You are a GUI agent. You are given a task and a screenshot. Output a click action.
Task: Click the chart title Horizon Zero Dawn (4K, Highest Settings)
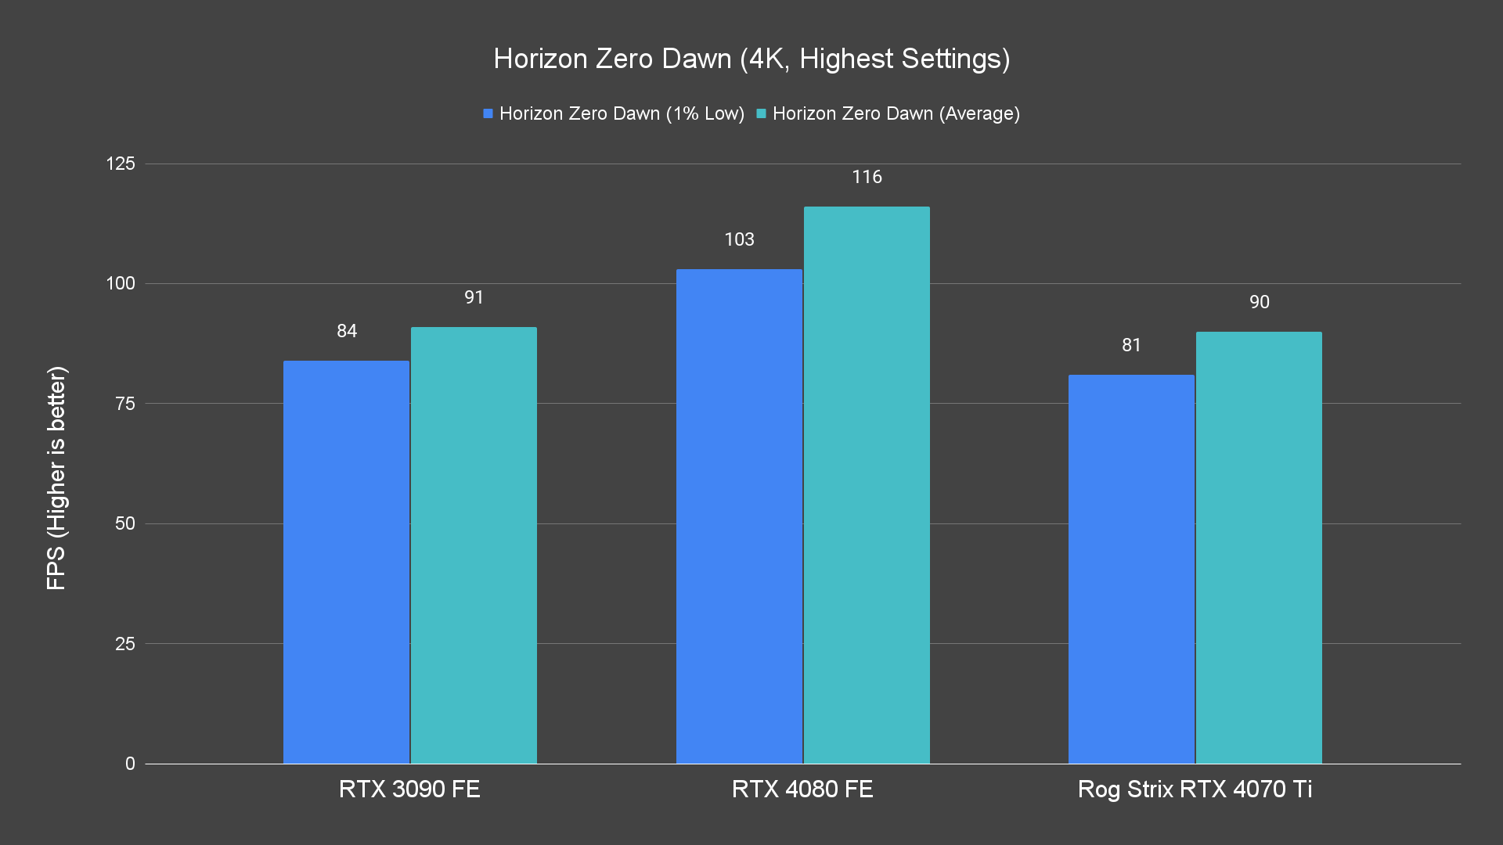pyautogui.click(x=751, y=59)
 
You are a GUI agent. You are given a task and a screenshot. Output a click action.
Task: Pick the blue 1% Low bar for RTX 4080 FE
pyautogui.click(x=739, y=516)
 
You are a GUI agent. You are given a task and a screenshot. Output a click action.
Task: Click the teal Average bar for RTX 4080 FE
pyautogui.click(x=867, y=485)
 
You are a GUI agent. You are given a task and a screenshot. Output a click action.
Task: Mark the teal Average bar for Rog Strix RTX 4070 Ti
pyautogui.click(x=1259, y=548)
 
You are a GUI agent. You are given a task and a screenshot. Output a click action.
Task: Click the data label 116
pyautogui.click(x=867, y=178)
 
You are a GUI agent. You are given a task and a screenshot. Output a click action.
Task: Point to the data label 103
pyautogui.click(x=739, y=240)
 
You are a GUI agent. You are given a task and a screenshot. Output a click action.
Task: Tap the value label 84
pyautogui.click(x=347, y=332)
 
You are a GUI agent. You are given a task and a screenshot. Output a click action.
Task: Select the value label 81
pyautogui.click(x=1131, y=346)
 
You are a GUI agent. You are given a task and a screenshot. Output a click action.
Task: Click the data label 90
pyautogui.click(x=1259, y=303)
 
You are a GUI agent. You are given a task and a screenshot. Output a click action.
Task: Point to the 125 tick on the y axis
pyautogui.click(x=121, y=164)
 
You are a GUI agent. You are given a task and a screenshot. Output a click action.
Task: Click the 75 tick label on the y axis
pyautogui.click(x=125, y=404)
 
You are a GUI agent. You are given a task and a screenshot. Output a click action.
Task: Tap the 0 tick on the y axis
pyautogui.click(x=130, y=764)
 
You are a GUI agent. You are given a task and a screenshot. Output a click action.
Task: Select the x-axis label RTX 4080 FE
pyautogui.click(x=802, y=789)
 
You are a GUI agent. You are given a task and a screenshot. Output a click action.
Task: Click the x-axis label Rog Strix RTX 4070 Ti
pyautogui.click(x=1195, y=789)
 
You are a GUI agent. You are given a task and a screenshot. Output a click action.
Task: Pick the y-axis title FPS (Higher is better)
pyautogui.click(x=56, y=477)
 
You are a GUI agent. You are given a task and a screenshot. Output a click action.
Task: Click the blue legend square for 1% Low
pyautogui.click(x=488, y=114)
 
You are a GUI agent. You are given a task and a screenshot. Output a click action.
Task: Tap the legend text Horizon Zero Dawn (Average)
pyautogui.click(x=896, y=114)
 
